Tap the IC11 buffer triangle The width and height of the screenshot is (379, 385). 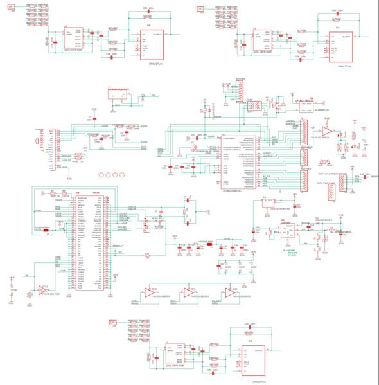pos(190,292)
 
